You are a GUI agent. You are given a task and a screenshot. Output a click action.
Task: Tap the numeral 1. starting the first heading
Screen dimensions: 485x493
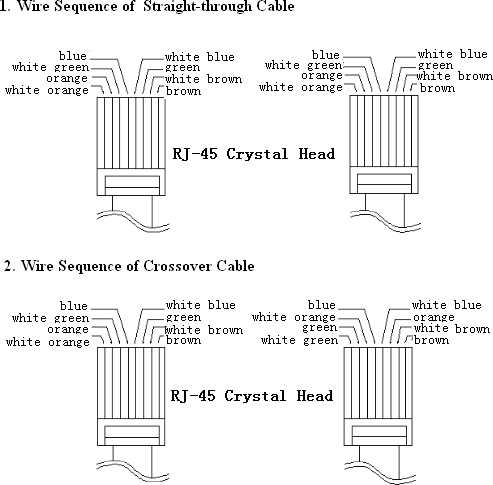pyautogui.click(x=6, y=8)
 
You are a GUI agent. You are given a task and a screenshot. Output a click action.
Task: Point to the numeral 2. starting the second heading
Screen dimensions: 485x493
pyautogui.click(x=6, y=266)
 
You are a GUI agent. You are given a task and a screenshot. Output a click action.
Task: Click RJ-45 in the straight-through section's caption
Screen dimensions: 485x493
pyautogui.click(x=194, y=154)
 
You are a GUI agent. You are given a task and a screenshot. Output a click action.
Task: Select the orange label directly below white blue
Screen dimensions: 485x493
pyautogui.click(x=433, y=317)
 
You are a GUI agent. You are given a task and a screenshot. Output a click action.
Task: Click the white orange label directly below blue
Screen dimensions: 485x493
pyautogui.click(x=294, y=317)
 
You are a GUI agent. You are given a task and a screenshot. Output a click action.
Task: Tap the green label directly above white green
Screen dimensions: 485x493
pyautogui.click(x=319, y=328)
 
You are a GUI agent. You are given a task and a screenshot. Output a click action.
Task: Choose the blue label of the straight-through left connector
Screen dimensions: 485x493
pyautogui.click(x=73, y=54)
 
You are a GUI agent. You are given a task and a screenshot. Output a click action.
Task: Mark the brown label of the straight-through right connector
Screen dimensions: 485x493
pyautogui.click(x=438, y=89)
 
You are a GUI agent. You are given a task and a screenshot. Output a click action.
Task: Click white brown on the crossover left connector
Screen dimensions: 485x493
pyautogui.click(x=203, y=329)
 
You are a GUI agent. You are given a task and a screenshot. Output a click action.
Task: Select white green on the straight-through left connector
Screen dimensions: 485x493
pyautogui.click(x=51, y=66)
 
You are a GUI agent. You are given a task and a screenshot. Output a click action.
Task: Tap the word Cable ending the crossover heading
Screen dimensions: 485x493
pyautogui.click(x=236, y=266)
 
